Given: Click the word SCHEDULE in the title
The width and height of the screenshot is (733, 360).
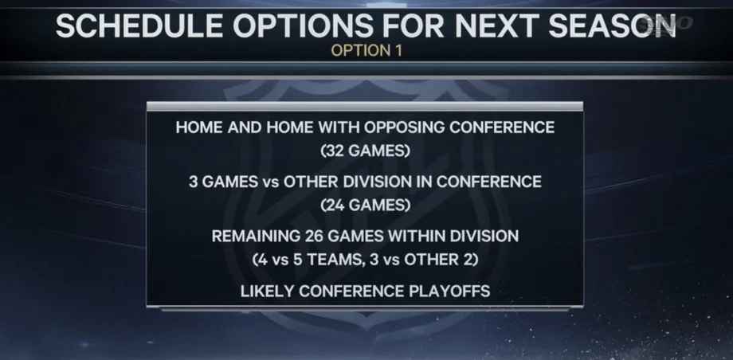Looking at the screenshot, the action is (139, 25).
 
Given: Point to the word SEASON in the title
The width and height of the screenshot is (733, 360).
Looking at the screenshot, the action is (613, 25).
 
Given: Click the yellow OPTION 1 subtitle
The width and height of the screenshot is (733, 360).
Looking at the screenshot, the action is (366, 50).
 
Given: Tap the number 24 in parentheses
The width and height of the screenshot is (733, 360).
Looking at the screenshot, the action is (338, 205).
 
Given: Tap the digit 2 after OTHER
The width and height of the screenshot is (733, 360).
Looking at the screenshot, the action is (468, 260).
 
